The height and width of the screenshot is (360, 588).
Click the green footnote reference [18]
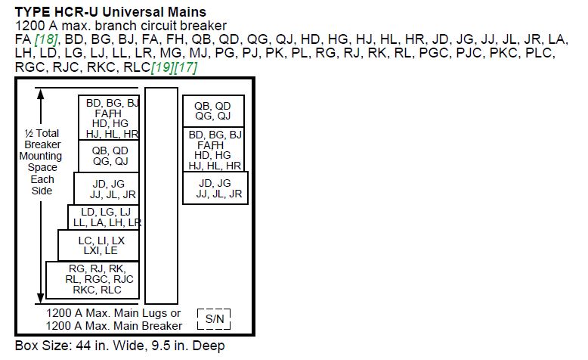[46, 39]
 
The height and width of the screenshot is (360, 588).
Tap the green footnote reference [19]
[162, 67]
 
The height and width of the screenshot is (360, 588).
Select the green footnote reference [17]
[186, 67]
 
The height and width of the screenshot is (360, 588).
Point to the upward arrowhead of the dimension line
[41, 95]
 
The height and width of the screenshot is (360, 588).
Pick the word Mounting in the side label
[41, 156]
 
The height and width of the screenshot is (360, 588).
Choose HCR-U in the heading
[76, 12]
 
